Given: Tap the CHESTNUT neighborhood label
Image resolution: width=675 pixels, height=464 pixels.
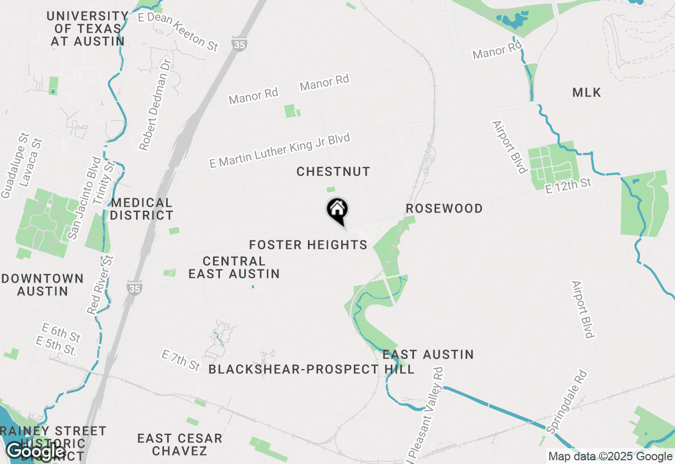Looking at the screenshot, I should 333,171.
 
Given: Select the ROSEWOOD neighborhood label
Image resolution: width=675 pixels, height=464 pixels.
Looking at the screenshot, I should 444,208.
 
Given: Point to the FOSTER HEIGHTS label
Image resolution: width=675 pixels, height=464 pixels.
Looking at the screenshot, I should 308,245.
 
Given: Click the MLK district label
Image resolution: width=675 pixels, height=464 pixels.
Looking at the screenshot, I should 586,93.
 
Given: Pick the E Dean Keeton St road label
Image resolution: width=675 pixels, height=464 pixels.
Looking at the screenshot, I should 177,31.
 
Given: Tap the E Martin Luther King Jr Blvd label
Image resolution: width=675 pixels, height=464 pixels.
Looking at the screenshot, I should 279,150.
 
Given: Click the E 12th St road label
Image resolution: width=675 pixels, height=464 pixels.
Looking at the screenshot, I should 568,186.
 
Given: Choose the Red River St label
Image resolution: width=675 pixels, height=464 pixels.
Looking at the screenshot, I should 101,285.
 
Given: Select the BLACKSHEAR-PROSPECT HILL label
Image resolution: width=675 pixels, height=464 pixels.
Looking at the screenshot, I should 311,369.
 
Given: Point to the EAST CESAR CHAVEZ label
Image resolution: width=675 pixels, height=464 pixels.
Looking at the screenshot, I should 180,444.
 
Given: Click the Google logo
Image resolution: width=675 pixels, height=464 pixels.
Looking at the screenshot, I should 35,451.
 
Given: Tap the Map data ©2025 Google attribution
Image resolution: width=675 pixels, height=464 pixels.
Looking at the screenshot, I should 610,457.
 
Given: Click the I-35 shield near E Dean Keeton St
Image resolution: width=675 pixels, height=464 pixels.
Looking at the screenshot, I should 239,45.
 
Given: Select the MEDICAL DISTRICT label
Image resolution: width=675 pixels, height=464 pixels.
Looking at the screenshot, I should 142,209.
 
